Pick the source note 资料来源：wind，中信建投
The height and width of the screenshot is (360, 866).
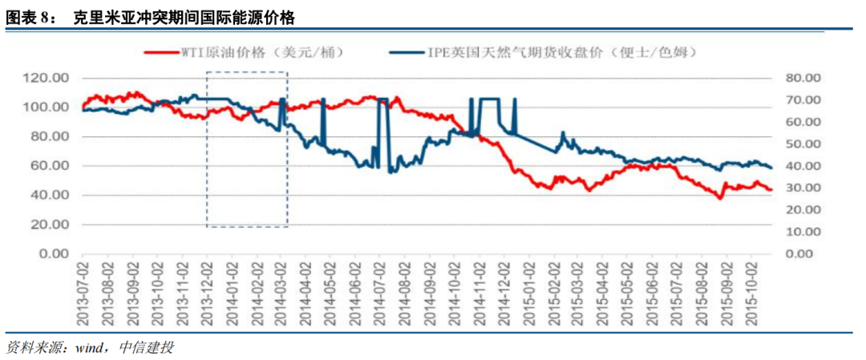click(x=90, y=348)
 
